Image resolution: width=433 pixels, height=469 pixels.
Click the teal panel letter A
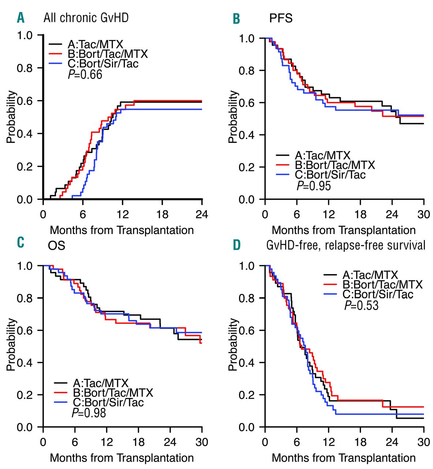21,18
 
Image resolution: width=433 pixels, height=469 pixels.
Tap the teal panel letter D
237,245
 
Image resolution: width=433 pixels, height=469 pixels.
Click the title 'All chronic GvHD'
86,18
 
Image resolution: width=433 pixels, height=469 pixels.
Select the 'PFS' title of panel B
281,18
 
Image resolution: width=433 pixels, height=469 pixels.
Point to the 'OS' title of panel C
56,245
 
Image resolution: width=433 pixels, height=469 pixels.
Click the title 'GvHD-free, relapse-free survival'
346,245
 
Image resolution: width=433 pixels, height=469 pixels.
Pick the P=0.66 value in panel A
85,75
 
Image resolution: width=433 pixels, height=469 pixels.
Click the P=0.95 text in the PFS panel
313,186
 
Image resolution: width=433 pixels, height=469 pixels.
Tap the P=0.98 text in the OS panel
89,413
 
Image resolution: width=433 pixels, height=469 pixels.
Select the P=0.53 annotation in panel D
361,305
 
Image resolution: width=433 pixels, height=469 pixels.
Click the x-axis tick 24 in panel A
202,214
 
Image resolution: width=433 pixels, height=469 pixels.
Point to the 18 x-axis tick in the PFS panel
361,214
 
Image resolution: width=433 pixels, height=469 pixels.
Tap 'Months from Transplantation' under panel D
344,458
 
